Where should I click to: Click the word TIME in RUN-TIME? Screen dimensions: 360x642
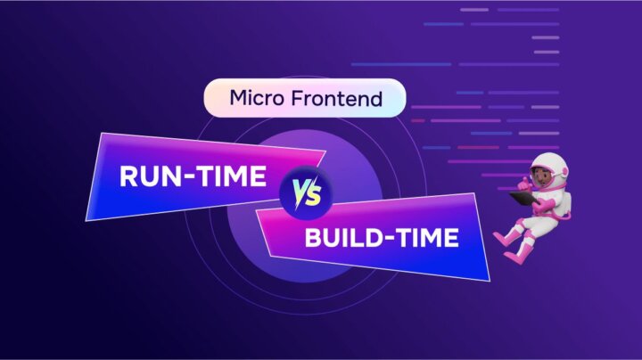(x=229, y=177)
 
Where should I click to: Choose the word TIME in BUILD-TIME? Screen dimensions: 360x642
(x=427, y=238)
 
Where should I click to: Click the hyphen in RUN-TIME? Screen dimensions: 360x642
(x=188, y=178)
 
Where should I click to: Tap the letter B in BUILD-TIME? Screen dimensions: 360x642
(x=312, y=238)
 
